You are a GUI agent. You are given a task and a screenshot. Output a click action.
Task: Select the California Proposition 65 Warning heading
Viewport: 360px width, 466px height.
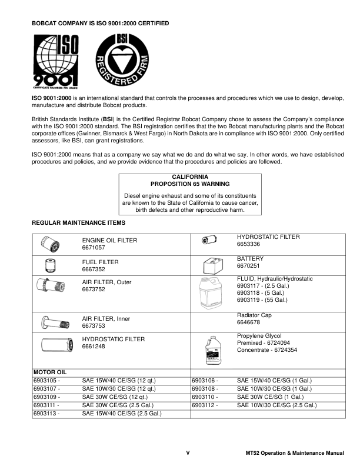pyautogui.click(x=189, y=180)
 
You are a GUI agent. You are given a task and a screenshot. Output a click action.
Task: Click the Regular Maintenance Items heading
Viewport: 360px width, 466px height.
pyautogui.click(x=78, y=223)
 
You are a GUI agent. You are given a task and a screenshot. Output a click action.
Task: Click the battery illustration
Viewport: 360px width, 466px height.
pyautogui.click(x=211, y=265)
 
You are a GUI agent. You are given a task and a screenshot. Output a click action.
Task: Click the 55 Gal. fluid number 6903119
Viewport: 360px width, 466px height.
pyautogui.click(x=262, y=300)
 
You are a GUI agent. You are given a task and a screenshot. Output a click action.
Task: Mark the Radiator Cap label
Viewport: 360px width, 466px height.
pyautogui.click(x=254, y=315)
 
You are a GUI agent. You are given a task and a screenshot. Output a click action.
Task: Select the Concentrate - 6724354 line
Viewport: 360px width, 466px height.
pyautogui.click(x=266, y=349)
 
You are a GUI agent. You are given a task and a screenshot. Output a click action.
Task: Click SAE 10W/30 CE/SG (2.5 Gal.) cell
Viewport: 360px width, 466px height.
pyautogui.click(x=276, y=405)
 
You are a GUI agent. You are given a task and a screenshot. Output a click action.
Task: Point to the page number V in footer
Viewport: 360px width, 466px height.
pyautogui.click(x=188, y=453)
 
